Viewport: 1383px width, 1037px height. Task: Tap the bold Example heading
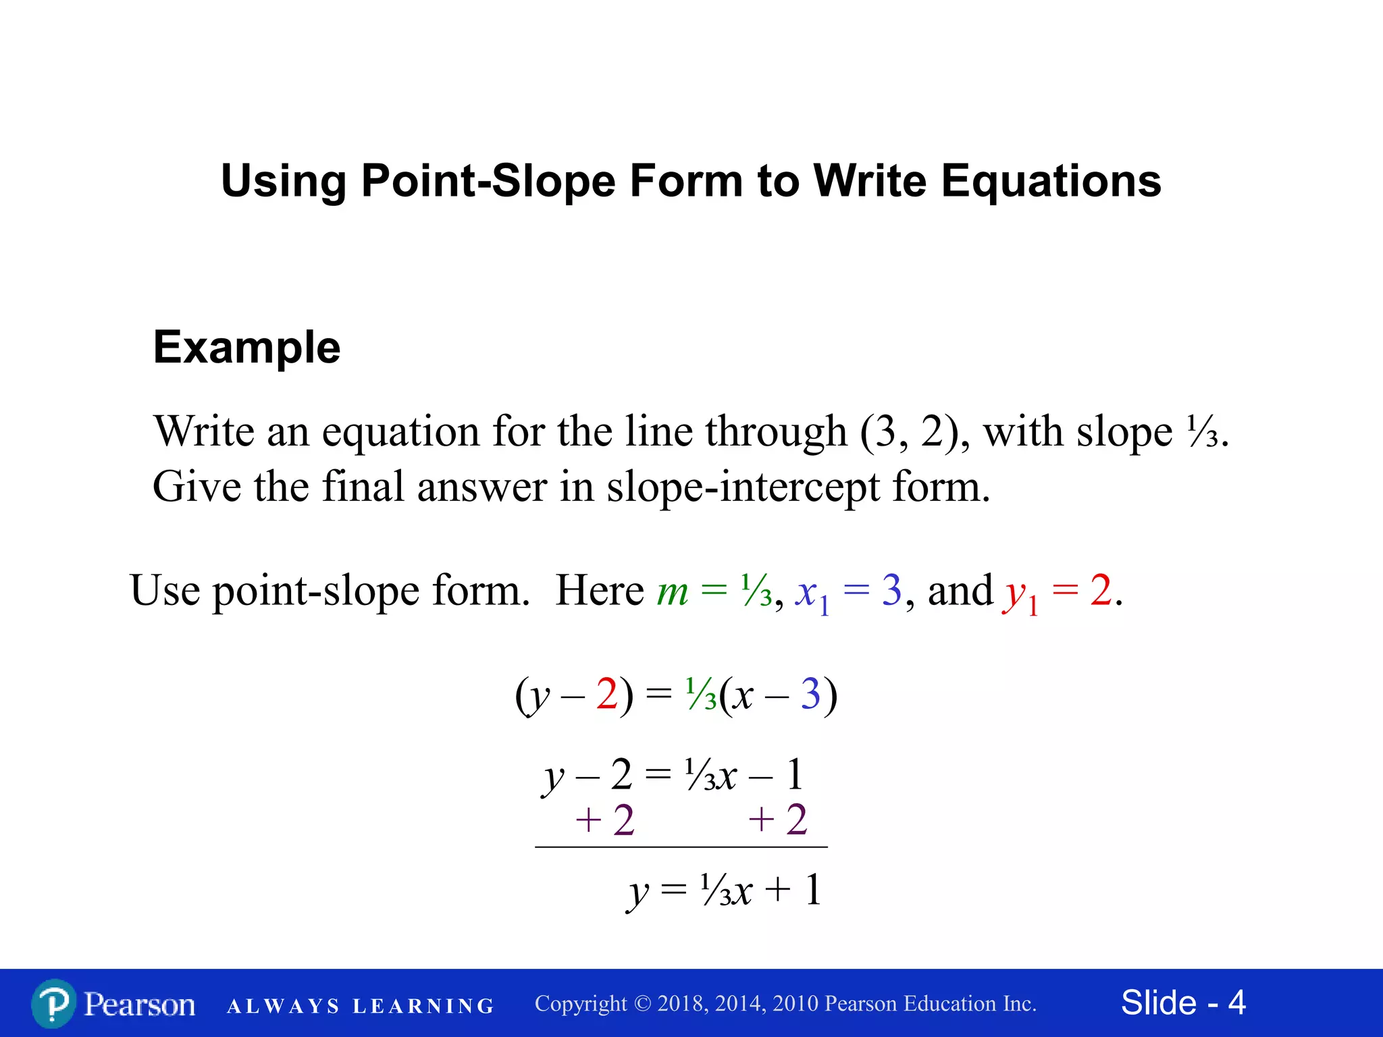(246, 348)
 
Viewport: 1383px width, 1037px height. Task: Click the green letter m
(673, 591)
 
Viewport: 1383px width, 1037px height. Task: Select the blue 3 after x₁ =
(891, 590)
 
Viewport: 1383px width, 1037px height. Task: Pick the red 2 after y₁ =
(1100, 590)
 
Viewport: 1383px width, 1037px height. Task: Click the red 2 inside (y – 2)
(606, 694)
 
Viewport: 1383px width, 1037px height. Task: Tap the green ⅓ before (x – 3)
(701, 694)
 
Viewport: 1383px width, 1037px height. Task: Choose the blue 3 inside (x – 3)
(810, 694)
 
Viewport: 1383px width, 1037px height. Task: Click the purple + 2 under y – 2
(605, 820)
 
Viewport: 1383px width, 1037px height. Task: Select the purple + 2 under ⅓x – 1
(778, 820)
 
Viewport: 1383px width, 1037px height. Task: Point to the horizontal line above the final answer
(681, 847)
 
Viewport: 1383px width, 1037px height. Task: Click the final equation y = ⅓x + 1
(724, 890)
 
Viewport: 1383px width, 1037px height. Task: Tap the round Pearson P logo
(53, 1004)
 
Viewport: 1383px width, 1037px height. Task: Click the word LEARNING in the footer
(423, 1006)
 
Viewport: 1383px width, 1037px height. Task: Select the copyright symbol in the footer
(642, 1004)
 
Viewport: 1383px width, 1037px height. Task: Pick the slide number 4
(1236, 1003)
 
